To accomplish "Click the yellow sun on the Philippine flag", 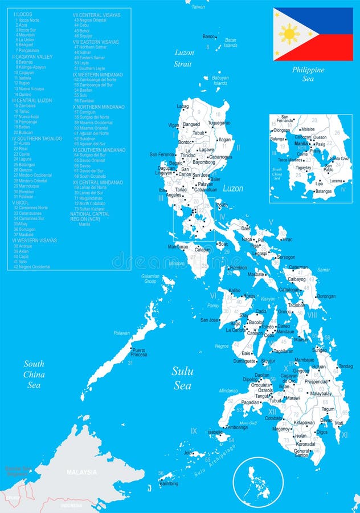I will click(289, 34).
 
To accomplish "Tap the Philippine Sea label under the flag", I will click(308, 74).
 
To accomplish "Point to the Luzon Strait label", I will click(183, 58).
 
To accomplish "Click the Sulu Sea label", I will click(183, 378).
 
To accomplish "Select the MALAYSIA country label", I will click(82, 473).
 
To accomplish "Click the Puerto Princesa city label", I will click(139, 352).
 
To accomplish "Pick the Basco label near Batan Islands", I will click(210, 36).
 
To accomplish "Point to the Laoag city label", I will click(183, 106).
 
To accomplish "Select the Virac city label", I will click(287, 239).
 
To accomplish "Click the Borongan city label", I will click(326, 296).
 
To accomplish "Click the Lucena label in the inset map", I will click(336, 181).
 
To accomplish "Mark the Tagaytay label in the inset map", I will click(303, 168).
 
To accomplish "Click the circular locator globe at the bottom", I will click(258, 483).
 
